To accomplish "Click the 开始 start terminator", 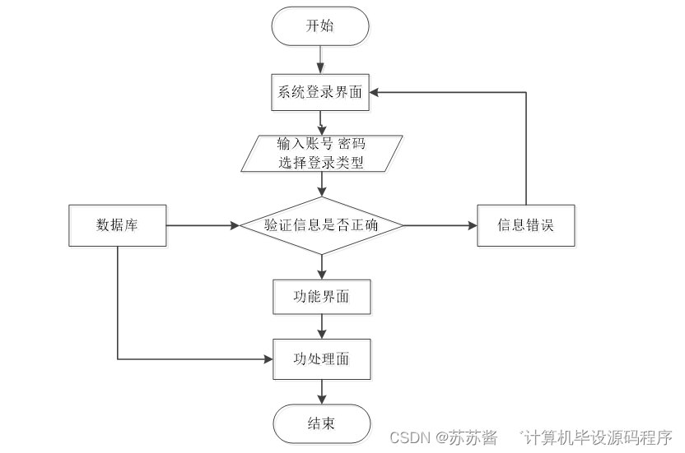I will [x=320, y=26].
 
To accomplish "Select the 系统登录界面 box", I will [x=320, y=92].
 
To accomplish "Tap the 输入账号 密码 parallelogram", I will [x=321, y=153].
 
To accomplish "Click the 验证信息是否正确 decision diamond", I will [x=321, y=225].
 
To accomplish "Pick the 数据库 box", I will [x=117, y=225].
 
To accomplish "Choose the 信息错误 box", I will [x=525, y=225].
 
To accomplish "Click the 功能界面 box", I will [x=321, y=297].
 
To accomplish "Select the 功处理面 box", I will [x=321, y=359].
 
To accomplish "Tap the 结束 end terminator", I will [x=321, y=423].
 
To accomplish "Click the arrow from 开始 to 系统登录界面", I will [x=320, y=59].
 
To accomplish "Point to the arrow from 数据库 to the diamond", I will [x=203, y=225].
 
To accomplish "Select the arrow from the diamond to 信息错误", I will [x=440, y=225].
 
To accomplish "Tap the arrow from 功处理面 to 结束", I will [x=321, y=391].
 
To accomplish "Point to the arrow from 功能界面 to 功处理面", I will [x=321, y=327].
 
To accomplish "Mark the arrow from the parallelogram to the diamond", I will [x=321, y=184].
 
